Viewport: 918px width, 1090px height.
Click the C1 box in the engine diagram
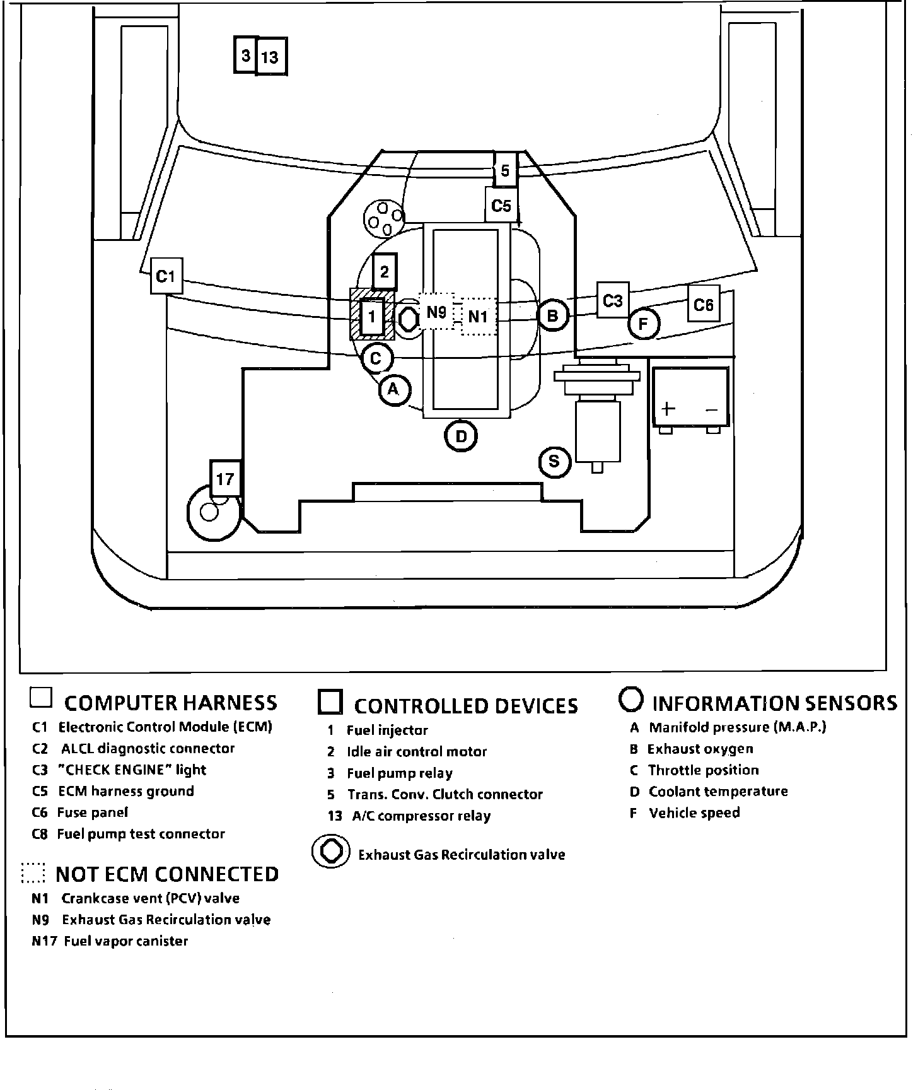pos(166,276)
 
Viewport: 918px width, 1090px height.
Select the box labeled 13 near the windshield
pos(271,57)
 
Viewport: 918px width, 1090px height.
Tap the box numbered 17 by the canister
pos(225,479)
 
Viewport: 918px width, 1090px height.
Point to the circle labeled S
pos(554,462)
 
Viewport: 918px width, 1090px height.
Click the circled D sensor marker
pos(461,437)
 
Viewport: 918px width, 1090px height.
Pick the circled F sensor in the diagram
pos(644,324)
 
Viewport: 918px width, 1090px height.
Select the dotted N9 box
pos(436,311)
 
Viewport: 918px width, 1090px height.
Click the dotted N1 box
pos(479,316)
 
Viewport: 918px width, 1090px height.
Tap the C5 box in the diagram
pos(501,206)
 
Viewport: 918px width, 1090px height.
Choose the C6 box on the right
pos(703,305)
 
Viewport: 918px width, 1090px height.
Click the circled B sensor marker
pos(553,315)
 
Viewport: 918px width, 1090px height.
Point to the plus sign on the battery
pos(668,408)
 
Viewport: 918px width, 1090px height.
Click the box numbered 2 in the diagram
pos(384,272)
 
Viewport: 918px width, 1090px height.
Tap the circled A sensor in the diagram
pos(394,390)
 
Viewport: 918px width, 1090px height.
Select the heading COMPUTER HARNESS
pos(170,703)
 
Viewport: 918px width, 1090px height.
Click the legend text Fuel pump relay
pos(400,773)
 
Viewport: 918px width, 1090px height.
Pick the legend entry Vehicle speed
pos(694,812)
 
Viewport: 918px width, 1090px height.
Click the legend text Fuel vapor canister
pos(126,941)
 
